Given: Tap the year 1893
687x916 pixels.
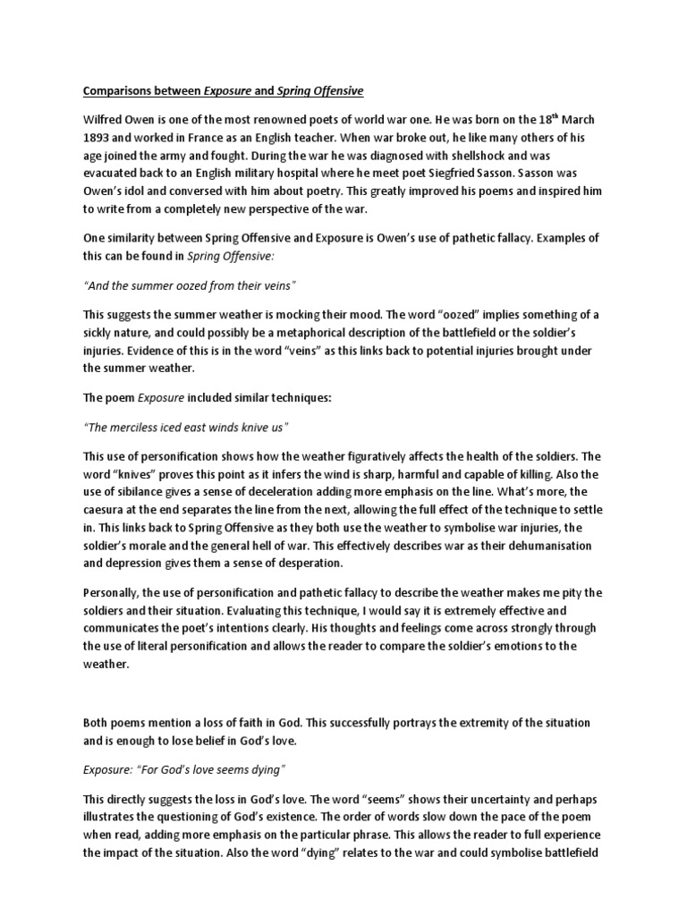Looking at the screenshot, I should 98,139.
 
